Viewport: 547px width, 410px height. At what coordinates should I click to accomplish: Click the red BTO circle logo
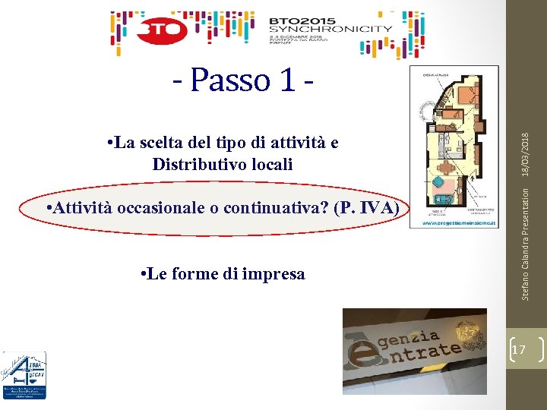click(163, 30)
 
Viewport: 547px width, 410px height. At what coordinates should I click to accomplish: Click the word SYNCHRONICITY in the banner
click(331, 30)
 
